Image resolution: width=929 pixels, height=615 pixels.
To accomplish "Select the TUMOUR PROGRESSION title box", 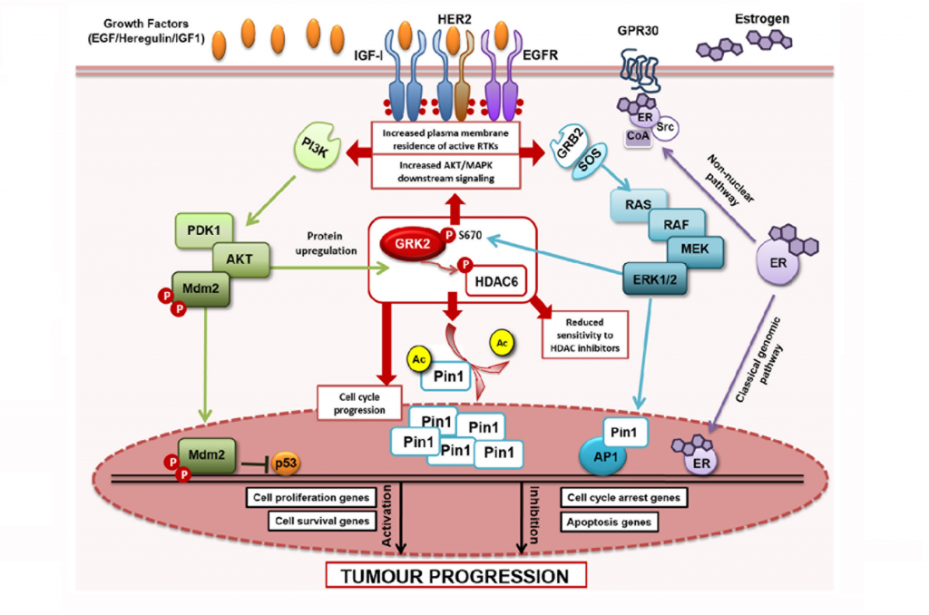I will click(456, 575).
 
